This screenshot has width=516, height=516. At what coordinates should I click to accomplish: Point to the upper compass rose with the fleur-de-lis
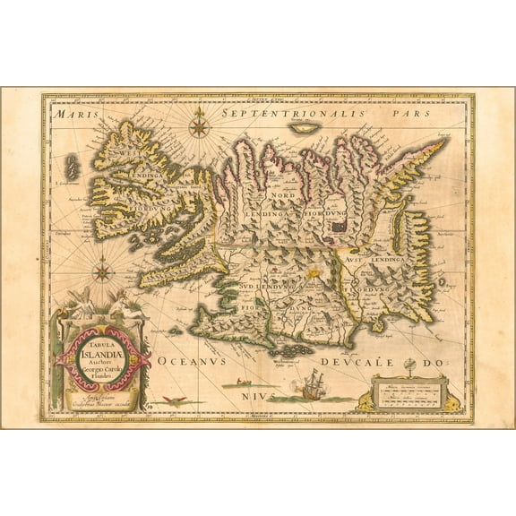pyautogui.click(x=199, y=127)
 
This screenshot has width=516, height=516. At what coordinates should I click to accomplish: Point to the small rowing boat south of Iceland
pyautogui.click(x=242, y=383)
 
